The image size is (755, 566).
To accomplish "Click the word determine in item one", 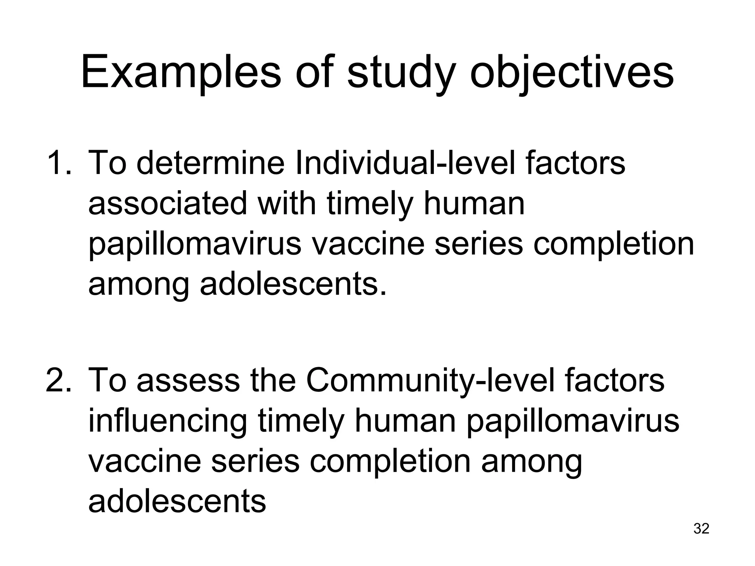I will pyautogui.click(x=211, y=163).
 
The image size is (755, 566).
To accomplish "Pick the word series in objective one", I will pyautogui.click(x=478, y=244).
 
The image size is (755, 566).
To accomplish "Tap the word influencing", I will pyautogui.click(x=168, y=420).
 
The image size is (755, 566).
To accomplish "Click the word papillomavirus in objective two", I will pyautogui.click(x=573, y=420).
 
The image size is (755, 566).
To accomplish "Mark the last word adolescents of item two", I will pyautogui.click(x=177, y=502).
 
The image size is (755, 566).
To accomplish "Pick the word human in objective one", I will pyautogui.click(x=474, y=204).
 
